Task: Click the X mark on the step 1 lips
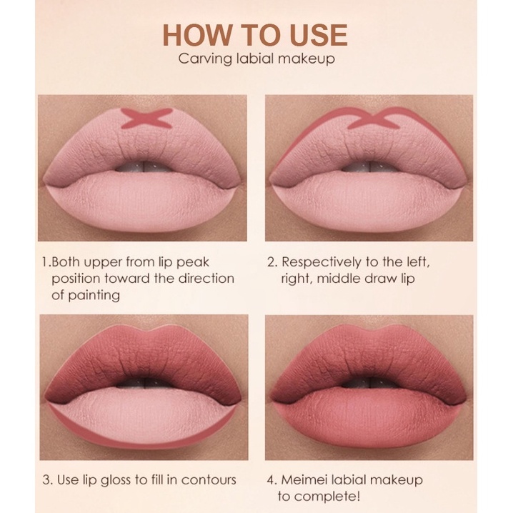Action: pyautogui.click(x=146, y=118)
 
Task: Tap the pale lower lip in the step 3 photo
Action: pyautogui.click(x=144, y=415)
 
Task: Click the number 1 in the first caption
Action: pyautogui.click(x=45, y=262)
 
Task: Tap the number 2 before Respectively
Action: pyautogui.click(x=272, y=262)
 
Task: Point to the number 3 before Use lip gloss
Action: pyautogui.click(x=46, y=480)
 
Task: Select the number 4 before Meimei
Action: pyautogui.click(x=272, y=480)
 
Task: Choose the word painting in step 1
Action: pyautogui.click(x=94, y=296)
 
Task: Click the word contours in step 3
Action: pyautogui.click(x=209, y=480)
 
